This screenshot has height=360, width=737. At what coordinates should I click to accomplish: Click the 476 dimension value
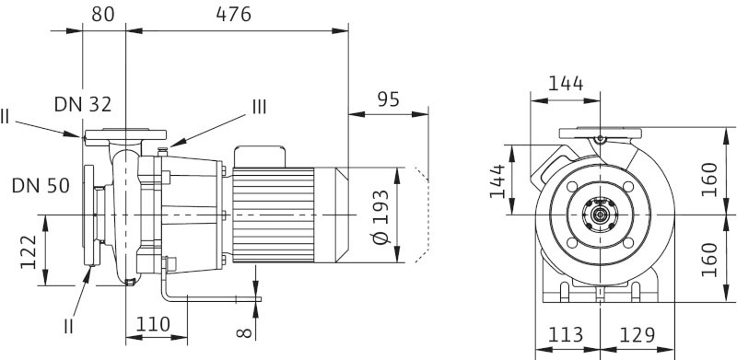(234, 15)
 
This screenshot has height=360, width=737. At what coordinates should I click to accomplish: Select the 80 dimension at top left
(103, 15)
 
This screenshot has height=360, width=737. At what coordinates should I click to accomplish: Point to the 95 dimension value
(388, 99)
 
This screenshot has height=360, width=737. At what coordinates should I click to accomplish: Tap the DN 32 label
(83, 104)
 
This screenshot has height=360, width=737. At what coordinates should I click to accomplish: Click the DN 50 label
(41, 186)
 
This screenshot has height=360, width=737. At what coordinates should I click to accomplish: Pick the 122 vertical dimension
(29, 252)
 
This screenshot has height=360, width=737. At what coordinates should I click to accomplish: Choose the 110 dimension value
(153, 324)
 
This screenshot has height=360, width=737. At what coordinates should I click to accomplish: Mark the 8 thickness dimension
(244, 333)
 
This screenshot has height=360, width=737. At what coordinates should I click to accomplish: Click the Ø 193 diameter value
(381, 216)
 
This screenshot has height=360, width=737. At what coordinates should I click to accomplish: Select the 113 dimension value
(566, 335)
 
